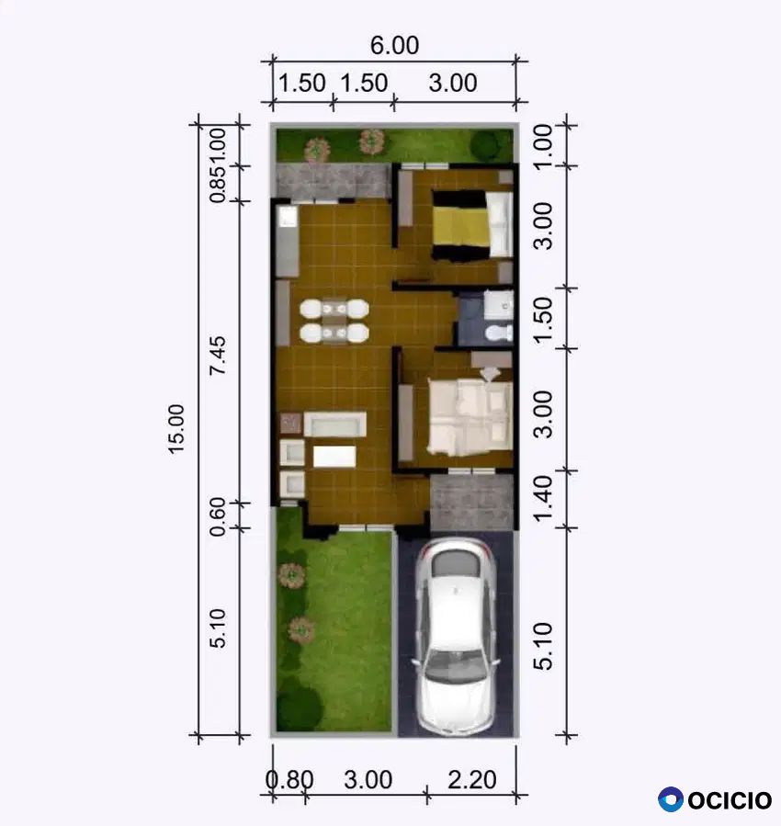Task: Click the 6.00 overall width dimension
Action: (394, 45)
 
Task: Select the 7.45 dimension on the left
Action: (217, 356)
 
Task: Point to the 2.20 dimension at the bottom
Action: (472, 780)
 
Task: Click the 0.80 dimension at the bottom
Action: (289, 780)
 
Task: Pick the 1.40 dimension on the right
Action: (543, 498)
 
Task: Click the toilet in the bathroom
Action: (498, 333)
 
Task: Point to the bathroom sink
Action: (498, 304)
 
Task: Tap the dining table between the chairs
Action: (334, 321)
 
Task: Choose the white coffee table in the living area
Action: (334, 457)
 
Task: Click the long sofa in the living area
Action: (335, 424)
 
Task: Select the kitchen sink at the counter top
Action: (288, 217)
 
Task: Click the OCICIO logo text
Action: (730, 799)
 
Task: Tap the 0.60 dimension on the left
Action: (217, 516)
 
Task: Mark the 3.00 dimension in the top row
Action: (453, 84)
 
